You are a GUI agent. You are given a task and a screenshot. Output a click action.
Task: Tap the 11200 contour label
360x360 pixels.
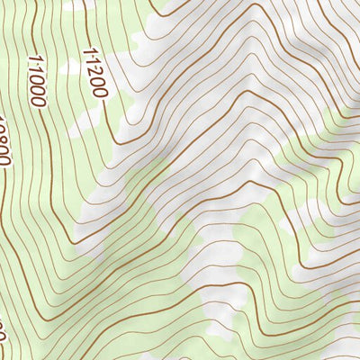click(94, 73)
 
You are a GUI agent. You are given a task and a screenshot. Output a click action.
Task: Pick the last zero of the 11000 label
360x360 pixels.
click(40, 101)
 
